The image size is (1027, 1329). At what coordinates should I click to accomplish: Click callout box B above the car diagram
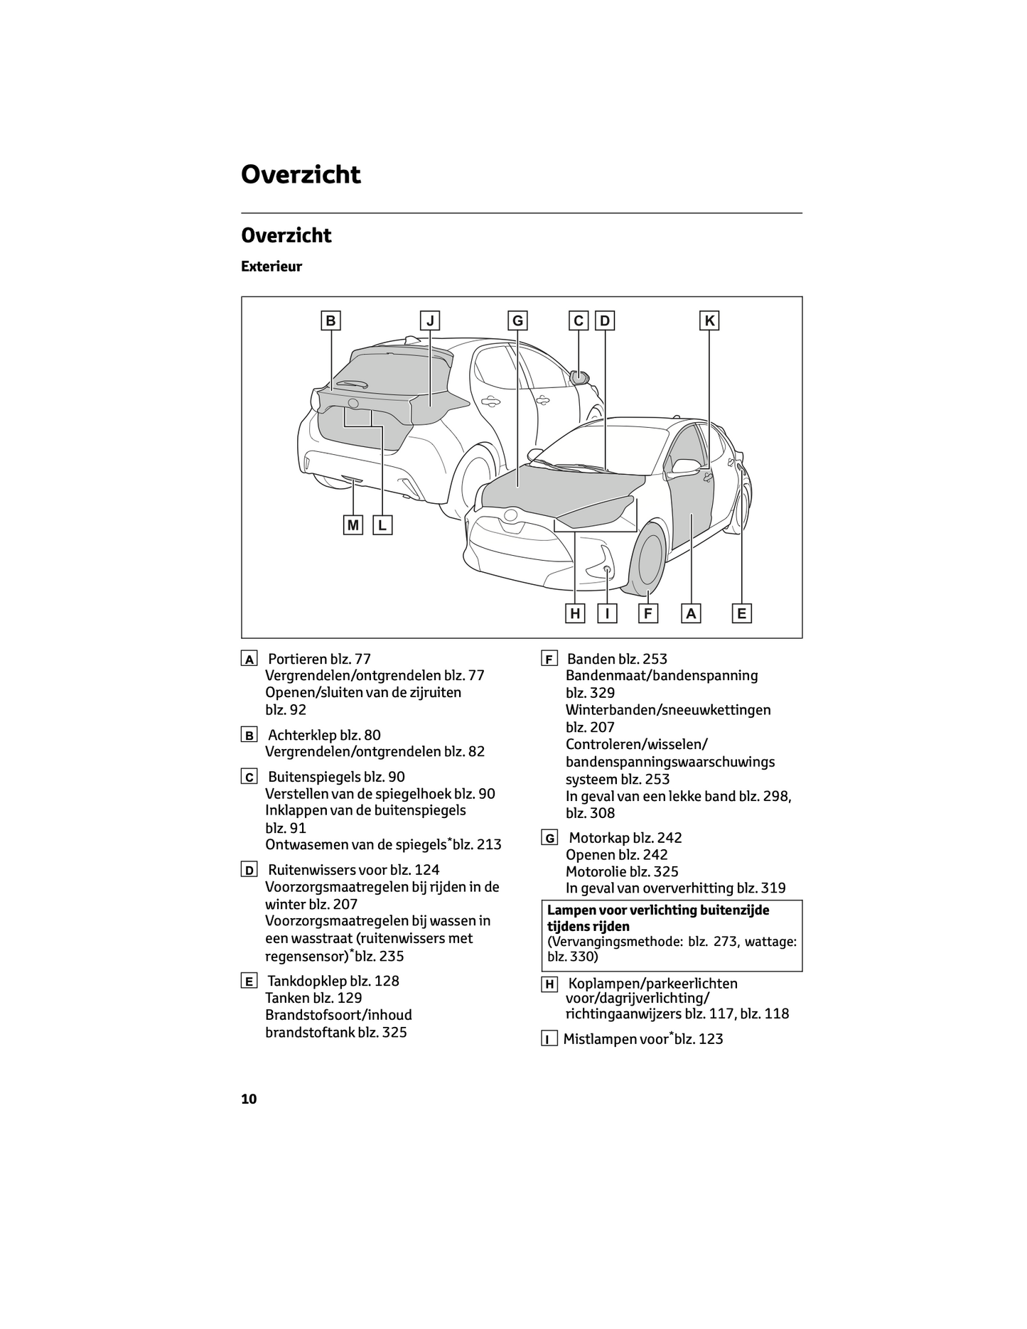pos(330,321)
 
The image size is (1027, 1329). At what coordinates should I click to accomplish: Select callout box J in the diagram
pos(430,321)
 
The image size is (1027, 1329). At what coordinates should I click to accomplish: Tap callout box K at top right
pos(709,321)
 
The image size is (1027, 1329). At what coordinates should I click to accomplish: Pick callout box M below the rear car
pos(353,525)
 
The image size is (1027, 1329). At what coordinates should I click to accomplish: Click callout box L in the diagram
pos(382,525)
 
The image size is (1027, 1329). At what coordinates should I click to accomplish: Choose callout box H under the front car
pos(575,613)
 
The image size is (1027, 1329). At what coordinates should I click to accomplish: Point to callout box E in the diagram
pos(742,613)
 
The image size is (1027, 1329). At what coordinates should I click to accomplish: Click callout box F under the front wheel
pos(648,613)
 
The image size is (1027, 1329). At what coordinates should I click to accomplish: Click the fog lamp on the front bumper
pos(607,569)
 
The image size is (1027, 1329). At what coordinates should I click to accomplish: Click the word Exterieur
pos(271,267)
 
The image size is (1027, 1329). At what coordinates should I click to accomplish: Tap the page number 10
pos(249,1099)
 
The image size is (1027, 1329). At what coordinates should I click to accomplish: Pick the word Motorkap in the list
pos(598,838)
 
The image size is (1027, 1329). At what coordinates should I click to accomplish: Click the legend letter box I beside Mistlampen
pos(549,1040)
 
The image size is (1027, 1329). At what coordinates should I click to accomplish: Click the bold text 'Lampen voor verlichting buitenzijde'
pos(658,910)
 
